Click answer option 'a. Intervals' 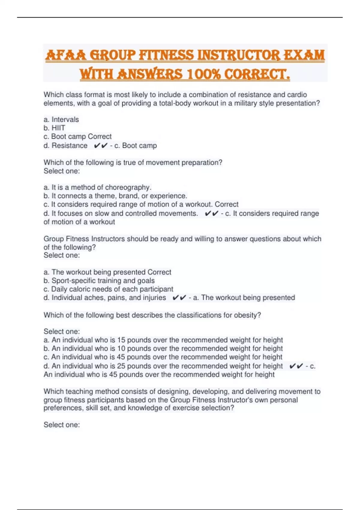(61, 119)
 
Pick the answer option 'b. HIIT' (54, 128)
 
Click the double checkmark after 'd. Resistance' (100, 146)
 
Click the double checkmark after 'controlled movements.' (211, 214)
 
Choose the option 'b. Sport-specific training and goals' (99, 280)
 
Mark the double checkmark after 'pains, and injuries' (179, 298)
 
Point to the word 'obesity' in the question (247, 315)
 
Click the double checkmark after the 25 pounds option (296, 366)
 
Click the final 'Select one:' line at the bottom (61, 425)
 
